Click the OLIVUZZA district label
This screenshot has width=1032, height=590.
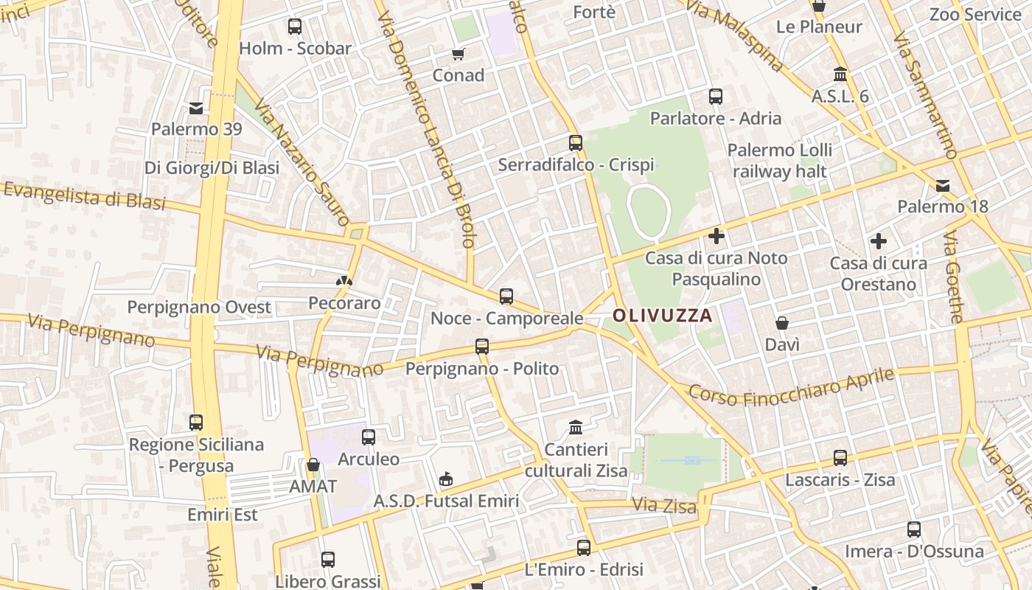point(663,316)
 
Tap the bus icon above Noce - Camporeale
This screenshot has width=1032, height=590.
point(506,296)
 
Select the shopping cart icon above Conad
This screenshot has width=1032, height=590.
point(459,54)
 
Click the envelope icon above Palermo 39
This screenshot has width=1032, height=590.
point(196,108)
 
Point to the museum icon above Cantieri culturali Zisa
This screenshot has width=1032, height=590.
point(576,427)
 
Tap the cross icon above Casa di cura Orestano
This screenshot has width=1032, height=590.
point(878,241)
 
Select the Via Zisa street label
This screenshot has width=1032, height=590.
point(664,506)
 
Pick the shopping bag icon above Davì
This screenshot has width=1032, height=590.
point(782,323)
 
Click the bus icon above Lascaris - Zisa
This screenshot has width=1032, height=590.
point(840,458)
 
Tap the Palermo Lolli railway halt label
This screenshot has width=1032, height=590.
point(779,161)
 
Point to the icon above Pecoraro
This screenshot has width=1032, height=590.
point(344,281)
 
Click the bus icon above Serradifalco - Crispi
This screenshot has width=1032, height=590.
point(576,143)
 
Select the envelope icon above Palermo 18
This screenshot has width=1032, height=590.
point(943,185)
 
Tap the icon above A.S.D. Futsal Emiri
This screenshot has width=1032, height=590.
point(446,479)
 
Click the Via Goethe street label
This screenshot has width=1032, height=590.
point(953,277)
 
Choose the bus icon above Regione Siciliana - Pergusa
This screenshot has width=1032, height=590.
point(196,423)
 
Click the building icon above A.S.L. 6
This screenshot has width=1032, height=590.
point(840,74)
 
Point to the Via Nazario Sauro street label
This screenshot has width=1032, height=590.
point(301,163)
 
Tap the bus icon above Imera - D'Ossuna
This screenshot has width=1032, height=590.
point(914,530)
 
